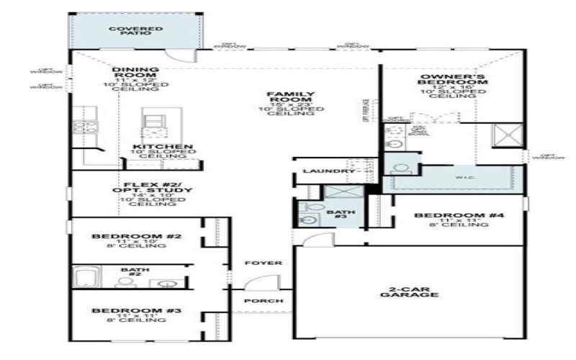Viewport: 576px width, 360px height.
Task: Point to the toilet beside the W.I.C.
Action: coord(402,169)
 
